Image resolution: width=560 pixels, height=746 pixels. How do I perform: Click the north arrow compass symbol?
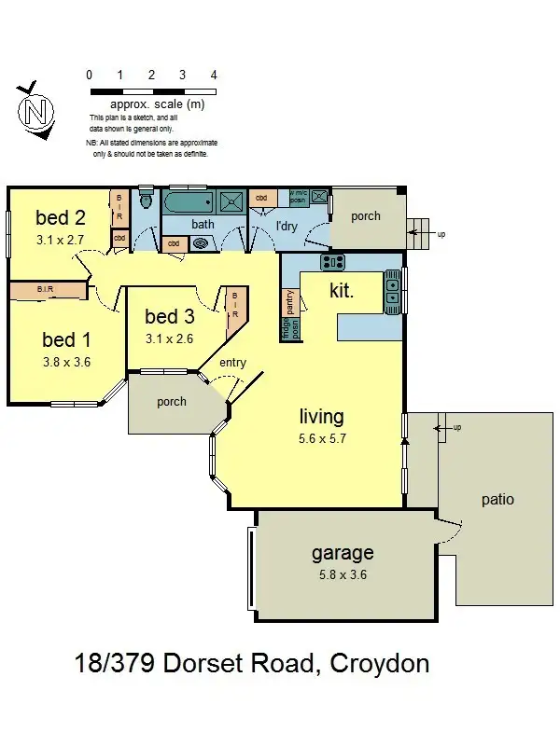click(35, 111)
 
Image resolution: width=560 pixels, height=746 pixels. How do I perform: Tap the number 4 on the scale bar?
click(214, 76)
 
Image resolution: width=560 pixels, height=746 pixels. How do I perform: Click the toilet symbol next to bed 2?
click(145, 200)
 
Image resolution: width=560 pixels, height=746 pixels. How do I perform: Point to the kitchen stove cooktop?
click(333, 262)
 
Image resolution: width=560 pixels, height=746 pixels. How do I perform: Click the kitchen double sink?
click(392, 291)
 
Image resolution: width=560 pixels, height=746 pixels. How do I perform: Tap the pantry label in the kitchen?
click(290, 300)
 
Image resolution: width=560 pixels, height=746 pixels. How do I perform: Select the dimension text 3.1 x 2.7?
click(61, 241)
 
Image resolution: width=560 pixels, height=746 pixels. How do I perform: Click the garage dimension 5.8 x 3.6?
click(343, 574)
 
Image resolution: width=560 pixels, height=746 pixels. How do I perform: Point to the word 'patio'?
click(497, 500)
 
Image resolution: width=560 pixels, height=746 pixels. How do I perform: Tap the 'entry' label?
click(232, 362)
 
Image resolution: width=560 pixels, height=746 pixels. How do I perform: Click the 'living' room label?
click(321, 417)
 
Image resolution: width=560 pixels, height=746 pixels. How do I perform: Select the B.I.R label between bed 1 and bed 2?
click(45, 291)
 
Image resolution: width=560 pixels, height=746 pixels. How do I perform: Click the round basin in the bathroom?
click(201, 243)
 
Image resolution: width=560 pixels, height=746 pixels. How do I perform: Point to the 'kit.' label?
click(341, 291)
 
